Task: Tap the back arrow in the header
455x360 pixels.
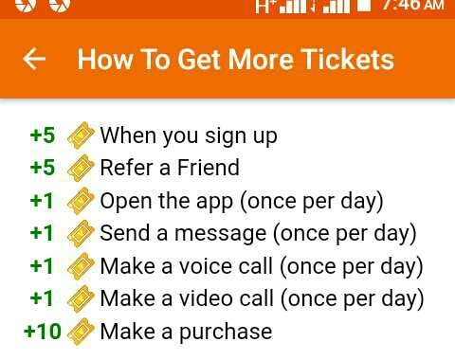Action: coord(34,59)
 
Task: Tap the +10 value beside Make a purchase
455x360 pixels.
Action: coord(43,332)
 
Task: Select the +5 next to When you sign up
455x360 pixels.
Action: coord(43,135)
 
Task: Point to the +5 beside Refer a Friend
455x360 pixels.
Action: coord(43,168)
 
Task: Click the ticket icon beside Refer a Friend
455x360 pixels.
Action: coord(81,168)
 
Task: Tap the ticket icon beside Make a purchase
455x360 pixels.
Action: coord(81,332)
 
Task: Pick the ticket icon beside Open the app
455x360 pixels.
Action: coord(81,201)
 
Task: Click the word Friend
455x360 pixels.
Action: coord(209,168)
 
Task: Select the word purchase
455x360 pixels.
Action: coord(226,333)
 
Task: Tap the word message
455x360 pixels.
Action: coord(221,234)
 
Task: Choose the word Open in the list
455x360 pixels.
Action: coord(126,202)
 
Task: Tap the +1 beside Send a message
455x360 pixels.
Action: coord(42,233)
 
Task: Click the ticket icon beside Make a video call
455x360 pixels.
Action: coord(81,298)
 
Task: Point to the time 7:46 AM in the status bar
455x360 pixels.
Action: coord(412,6)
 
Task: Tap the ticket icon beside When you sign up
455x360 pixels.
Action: coord(81,135)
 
